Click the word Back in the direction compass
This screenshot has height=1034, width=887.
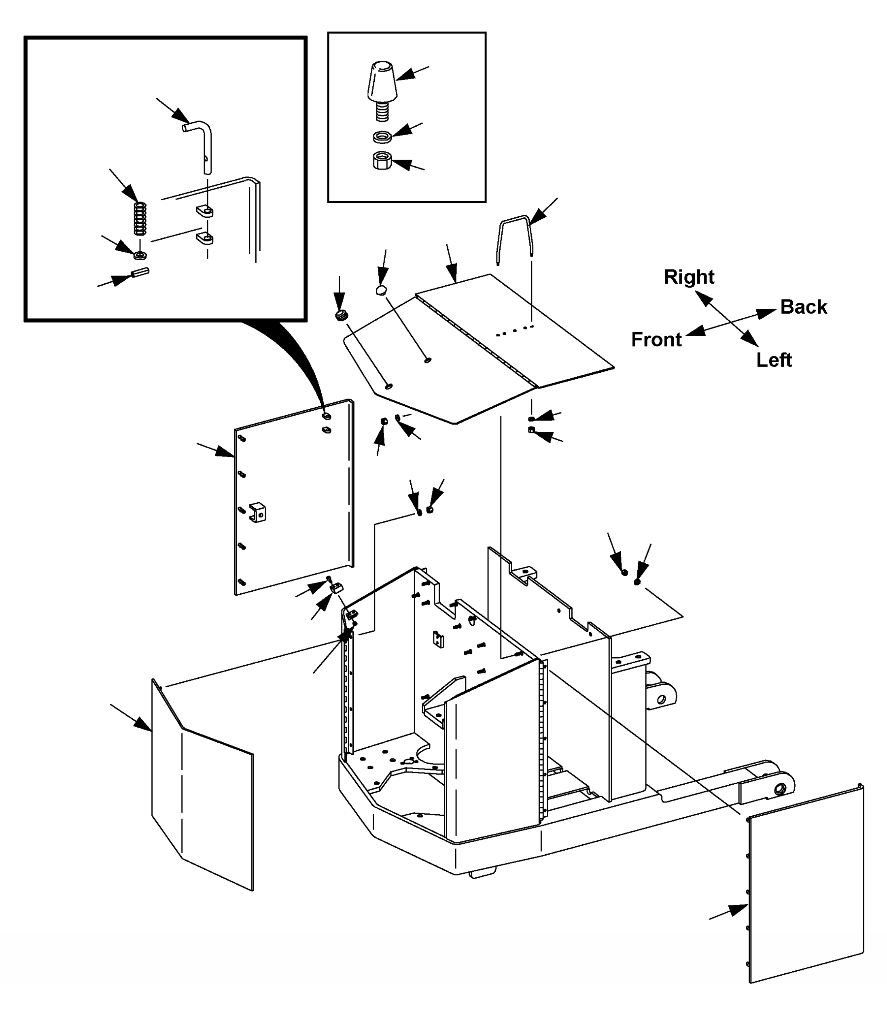pyautogui.click(x=803, y=307)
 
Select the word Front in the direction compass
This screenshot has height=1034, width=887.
pyautogui.click(x=656, y=340)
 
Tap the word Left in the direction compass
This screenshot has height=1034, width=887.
pyautogui.click(x=774, y=360)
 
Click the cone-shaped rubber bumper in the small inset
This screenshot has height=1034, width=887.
pyautogui.click(x=382, y=82)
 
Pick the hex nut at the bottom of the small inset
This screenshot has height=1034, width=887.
pyautogui.click(x=382, y=161)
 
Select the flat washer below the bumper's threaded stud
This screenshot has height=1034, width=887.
pyautogui.click(x=382, y=136)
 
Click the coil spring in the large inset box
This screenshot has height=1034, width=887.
pyautogui.click(x=140, y=218)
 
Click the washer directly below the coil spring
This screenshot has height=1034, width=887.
pyautogui.click(x=140, y=255)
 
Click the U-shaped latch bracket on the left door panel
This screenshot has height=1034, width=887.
pyautogui.click(x=257, y=512)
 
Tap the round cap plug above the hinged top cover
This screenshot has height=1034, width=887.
pyautogui.click(x=382, y=290)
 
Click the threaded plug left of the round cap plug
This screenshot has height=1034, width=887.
pyautogui.click(x=341, y=315)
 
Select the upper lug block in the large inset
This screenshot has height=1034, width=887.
pyautogui.click(x=204, y=211)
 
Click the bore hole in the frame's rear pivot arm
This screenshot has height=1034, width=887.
pyautogui.click(x=661, y=699)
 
